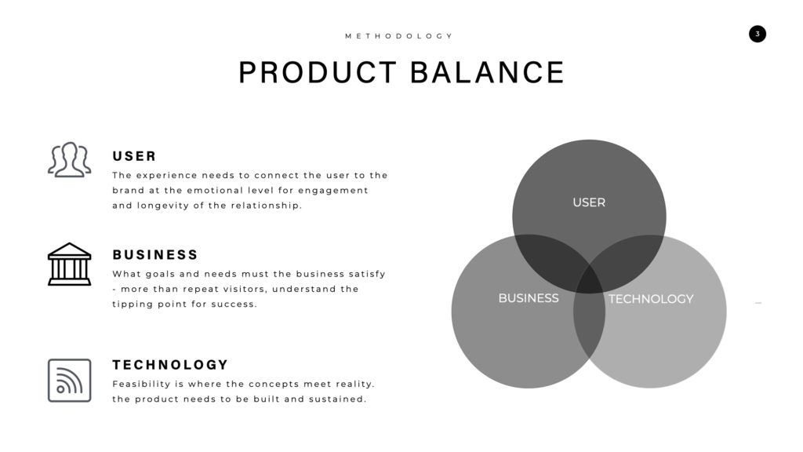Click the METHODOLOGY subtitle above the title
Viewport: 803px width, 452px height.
(398, 36)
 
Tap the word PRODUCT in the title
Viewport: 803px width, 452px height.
(318, 72)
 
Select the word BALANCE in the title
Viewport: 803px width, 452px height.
(487, 72)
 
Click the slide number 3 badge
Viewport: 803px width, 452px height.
(758, 34)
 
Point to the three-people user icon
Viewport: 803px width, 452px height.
(70, 160)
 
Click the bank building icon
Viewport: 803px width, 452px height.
(70, 264)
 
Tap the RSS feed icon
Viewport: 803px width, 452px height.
(70, 381)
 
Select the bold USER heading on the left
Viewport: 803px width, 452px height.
(134, 156)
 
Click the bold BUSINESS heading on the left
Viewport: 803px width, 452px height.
(155, 255)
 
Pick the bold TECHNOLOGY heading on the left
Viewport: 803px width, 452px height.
(170, 365)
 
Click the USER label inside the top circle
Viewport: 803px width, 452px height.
(589, 202)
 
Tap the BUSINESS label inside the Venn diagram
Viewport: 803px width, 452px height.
(529, 298)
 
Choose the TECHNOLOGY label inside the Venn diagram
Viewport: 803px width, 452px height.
(651, 299)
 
